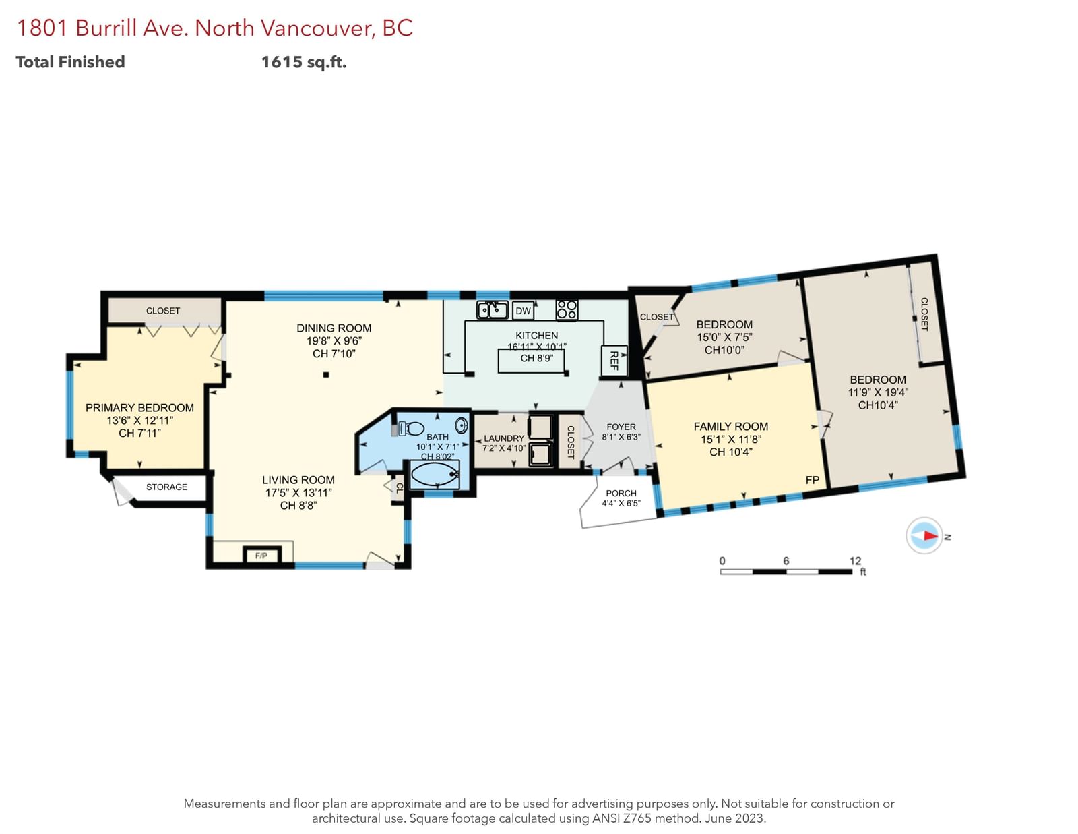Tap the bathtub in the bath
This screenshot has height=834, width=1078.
(435, 475)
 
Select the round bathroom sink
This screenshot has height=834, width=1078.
(462, 425)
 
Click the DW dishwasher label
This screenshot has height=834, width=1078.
(523, 311)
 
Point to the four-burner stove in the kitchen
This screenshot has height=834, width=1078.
(567, 309)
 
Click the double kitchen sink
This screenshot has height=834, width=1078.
(492, 309)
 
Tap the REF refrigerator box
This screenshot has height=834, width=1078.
(614, 361)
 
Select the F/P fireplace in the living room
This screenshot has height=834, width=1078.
(261, 555)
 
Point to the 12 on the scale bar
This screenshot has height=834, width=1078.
(855, 560)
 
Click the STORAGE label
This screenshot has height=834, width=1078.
(166, 487)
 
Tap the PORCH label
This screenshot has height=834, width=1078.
(621, 493)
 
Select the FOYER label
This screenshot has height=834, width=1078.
(621, 427)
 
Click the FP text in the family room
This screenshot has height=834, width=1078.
(813, 480)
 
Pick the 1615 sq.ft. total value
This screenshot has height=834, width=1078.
(304, 62)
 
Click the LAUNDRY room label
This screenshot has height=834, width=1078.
(504, 438)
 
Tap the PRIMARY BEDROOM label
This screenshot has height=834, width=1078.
(140, 408)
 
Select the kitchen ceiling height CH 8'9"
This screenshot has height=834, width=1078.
(537, 358)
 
